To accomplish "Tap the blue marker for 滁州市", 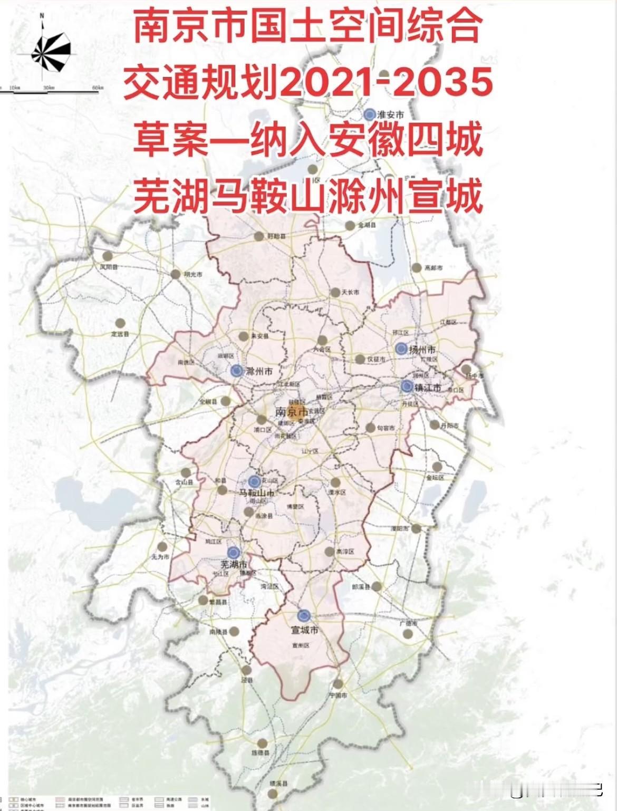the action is tap(237, 371).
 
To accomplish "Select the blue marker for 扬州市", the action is tap(401, 349).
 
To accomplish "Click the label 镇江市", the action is tap(429, 388).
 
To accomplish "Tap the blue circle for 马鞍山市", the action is tap(254, 481).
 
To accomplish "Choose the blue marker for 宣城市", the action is tap(303, 615).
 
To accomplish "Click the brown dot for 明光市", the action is tap(175, 274).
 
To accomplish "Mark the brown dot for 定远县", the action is tap(120, 322).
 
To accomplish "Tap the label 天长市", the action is tap(350, 292).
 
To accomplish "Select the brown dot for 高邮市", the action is tap(416, 267).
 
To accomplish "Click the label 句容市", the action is tap(386, 428).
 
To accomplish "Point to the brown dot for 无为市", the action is tap(162, 547).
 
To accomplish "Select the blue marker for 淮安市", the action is tap(370, 114).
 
